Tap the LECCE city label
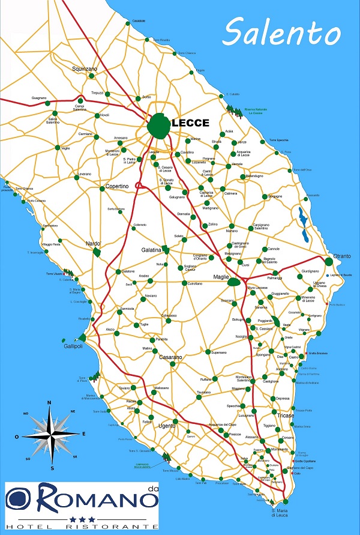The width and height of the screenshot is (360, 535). [x=190, y=123]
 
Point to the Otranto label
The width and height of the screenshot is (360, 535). [x=342, y=256]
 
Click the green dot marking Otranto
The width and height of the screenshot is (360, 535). [x=329, y=261]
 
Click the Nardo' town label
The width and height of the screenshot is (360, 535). [x=93, y=244]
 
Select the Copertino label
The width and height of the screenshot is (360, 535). [x=117, y=187]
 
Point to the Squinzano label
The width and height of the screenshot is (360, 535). [x=84, y=68]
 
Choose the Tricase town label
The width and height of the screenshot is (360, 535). [x=286, y=415]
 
